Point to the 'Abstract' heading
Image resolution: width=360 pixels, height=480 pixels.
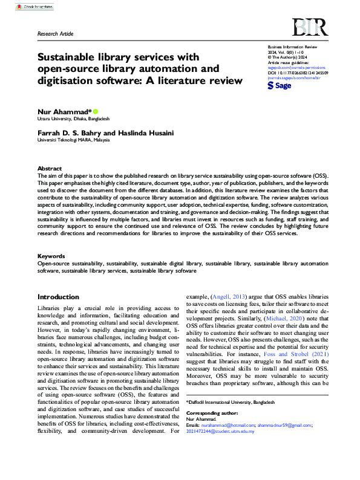click(50, 169)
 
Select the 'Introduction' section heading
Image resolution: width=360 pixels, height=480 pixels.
click(58, 297)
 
